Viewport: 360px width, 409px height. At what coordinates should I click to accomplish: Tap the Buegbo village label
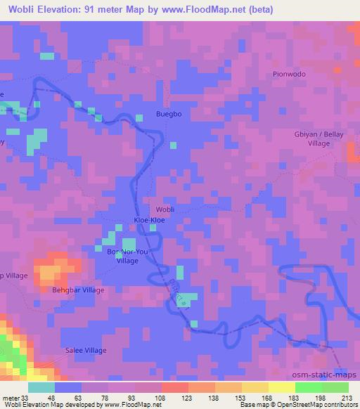[169, 114]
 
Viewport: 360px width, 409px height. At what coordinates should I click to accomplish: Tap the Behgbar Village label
[78, 290]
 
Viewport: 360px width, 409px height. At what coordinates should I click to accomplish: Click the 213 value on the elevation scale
[347, 397]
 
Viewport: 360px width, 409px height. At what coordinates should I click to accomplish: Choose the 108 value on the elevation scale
[161, 397]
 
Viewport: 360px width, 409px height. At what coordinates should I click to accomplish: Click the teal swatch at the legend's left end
[41, 387]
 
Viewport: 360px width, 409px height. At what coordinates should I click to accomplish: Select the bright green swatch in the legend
[309, 387]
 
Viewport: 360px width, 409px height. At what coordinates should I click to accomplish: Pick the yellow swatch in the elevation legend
[282, 387]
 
